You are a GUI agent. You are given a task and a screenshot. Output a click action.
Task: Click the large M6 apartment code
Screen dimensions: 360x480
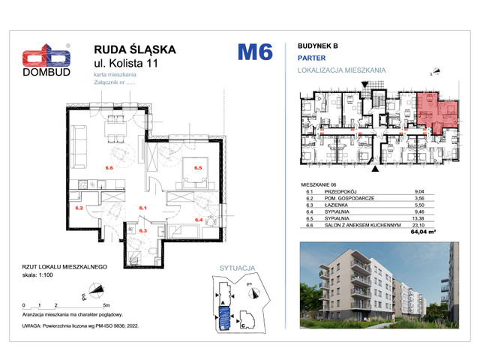point(254,52)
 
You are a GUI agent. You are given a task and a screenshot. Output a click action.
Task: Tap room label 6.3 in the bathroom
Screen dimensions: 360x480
point(142,232)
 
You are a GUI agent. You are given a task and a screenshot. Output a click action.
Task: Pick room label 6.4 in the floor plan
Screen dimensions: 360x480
point(199,219)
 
